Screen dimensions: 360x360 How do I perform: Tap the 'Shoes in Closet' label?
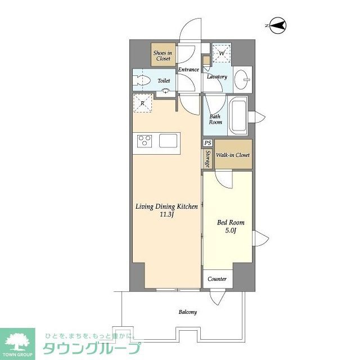click(163, 55)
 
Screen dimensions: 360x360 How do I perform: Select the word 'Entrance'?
click(188, 70)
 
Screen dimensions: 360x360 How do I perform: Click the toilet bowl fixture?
click(142, 81)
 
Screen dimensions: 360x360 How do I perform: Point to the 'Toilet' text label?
click(164, 81)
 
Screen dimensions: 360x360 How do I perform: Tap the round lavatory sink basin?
click(243, 78)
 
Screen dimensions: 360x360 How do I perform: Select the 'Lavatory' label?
click(217, 76)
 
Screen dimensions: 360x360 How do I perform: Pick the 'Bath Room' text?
click(215, 119)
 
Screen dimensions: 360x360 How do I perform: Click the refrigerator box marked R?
click(143, 103)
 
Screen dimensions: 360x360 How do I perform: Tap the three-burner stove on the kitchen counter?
click(143, 140)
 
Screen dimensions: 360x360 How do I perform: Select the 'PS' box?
click(208, 143)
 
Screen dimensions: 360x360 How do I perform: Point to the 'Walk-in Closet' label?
click(233, 155)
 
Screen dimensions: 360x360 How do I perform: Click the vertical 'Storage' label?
click(208, 159)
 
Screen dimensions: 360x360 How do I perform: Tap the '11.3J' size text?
click(166, 214)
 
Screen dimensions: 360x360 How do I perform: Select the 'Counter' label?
click(217, 279)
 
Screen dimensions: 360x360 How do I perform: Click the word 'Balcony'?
click(188, 312)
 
